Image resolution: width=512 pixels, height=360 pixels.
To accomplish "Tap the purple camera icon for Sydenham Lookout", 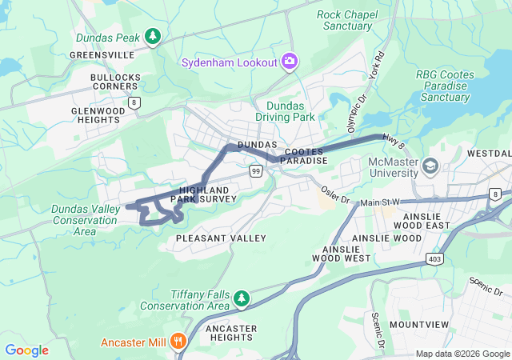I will point(289,62).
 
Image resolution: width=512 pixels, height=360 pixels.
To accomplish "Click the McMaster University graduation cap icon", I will point(431,166).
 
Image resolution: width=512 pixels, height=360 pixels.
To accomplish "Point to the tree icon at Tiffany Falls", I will point(241,299).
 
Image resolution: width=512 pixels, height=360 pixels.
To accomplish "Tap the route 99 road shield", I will point(255,171).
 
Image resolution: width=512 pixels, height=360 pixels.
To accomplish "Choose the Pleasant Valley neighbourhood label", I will point(221,238).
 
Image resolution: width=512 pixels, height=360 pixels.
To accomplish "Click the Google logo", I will point(26,350).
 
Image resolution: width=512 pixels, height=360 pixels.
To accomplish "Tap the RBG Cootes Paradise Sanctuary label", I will point(445,86).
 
